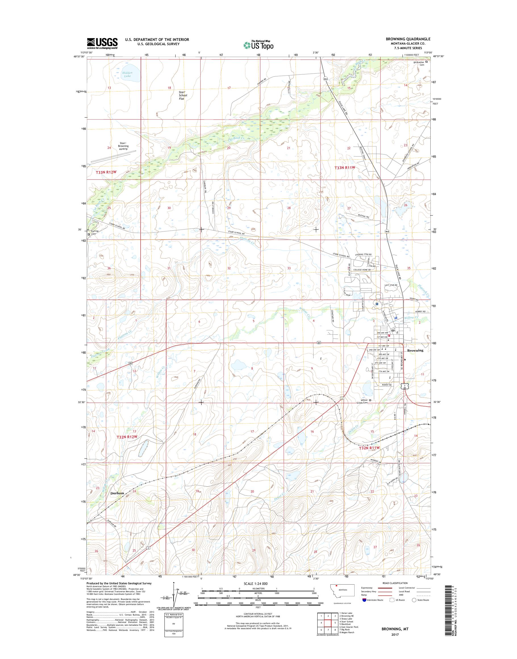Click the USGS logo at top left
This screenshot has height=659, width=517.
[102, 43]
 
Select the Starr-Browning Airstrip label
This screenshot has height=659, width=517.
[123, 146]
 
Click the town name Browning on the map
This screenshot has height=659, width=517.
[415, 350]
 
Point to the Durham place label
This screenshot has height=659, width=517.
[117, 493]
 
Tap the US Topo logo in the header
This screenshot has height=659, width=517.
[258, 45]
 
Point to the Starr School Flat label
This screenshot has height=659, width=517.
[183, 95]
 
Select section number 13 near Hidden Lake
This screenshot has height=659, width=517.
[109, 88]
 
